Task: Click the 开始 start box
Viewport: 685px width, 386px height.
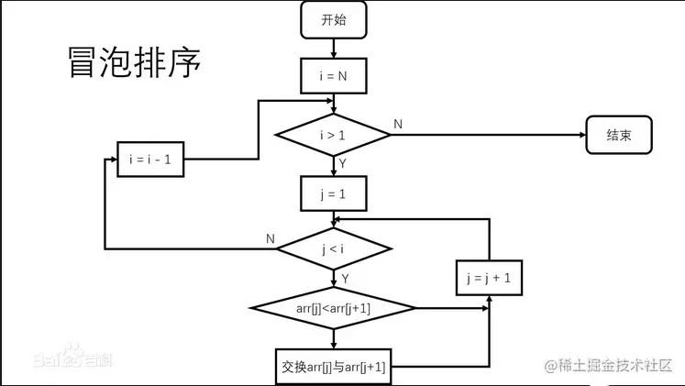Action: coord(333,19)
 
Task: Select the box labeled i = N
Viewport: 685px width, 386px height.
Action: coord(333,76)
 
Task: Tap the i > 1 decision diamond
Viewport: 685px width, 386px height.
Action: coord(333,136)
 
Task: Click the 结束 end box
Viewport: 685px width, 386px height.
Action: coord(619,136)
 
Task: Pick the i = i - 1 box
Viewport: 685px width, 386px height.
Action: coord(151,160)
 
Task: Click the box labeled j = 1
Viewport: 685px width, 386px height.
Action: coord(333,193)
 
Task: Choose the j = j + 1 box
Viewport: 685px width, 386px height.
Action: coord(490,278)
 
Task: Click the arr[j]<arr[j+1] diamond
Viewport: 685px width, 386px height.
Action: coord(333,308)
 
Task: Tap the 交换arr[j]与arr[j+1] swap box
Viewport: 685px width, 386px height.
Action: coord(333,367)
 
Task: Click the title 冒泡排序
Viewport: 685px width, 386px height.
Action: coord(134,62)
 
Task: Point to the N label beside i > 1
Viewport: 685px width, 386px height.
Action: coord(398,124)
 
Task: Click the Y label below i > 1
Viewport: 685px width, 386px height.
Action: coord(343,163)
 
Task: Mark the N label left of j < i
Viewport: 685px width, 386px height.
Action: coord(271,239)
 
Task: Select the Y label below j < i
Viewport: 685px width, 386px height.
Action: coord(345,277)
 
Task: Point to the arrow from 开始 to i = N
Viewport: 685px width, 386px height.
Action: coord(333,48)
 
